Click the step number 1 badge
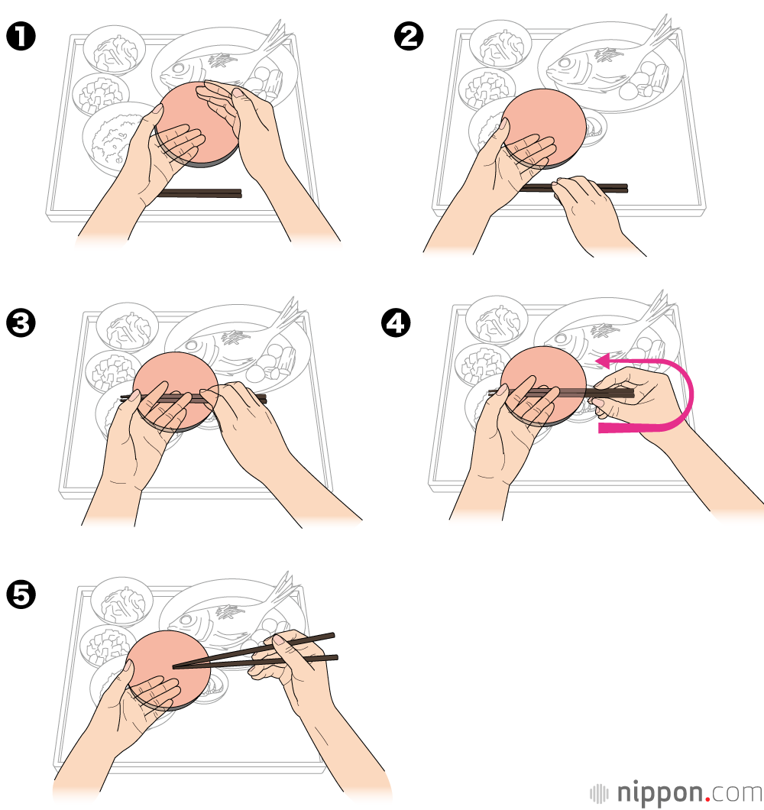click(21, 37)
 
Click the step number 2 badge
click(409, 37)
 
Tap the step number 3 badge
click(21, 323)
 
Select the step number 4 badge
click(396, 323)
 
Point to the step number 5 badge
click(21, 595)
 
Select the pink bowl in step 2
click(544, 128)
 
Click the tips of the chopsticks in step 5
click(176, 667)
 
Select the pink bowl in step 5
click(169, 670)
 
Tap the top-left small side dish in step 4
click(497, 320)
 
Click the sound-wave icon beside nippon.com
click(600, 794)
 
